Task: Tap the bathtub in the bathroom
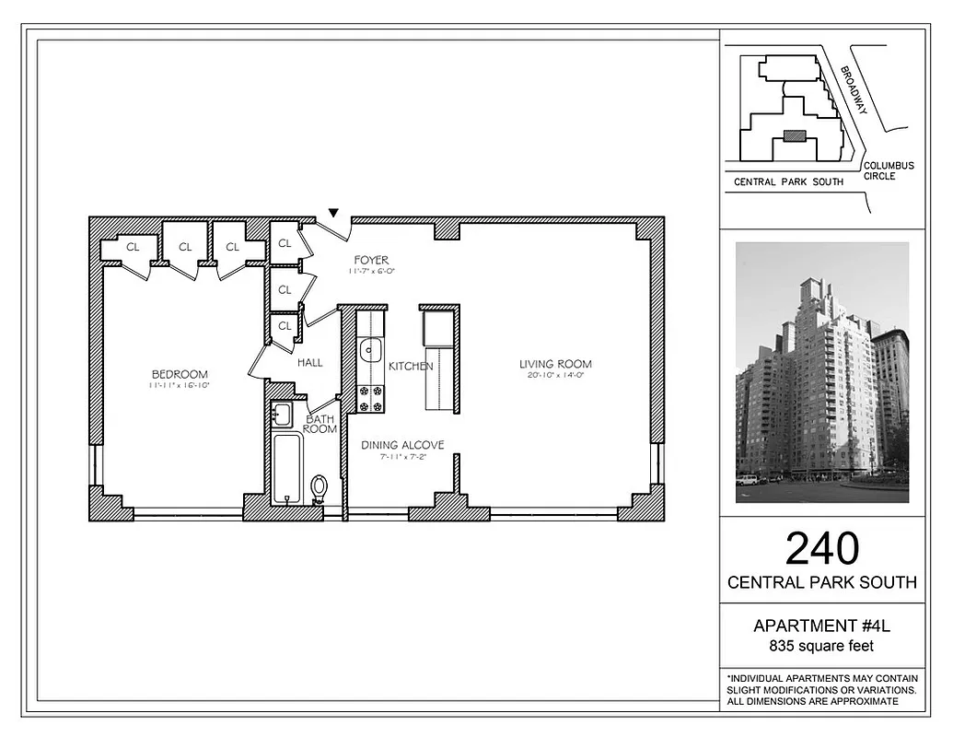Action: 287,468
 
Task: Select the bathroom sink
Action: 282,415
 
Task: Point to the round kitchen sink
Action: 370,349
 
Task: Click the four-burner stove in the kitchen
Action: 370,399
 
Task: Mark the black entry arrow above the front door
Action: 334,213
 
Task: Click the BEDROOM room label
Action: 180,374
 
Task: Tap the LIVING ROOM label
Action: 555,364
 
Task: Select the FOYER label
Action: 371,261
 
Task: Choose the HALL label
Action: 310,363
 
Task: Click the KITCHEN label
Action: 411,367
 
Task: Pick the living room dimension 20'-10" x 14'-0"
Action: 555,376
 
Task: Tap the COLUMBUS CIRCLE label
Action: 889,170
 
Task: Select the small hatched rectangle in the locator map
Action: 794,136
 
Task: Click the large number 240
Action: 822,549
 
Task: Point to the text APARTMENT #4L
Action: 822,626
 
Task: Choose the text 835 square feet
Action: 822,646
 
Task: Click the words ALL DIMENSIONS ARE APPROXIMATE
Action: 812,702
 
